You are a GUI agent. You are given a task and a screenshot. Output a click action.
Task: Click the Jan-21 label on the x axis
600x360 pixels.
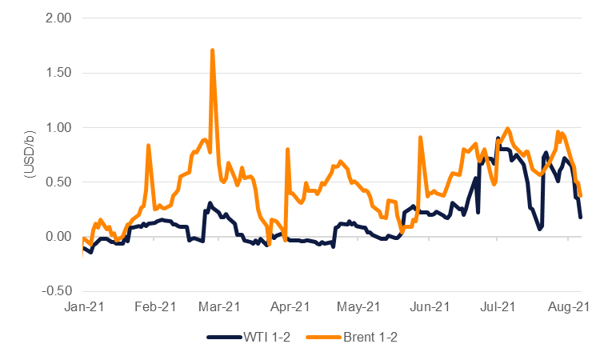[84, 306]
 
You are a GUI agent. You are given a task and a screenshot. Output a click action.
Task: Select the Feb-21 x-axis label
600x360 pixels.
[155, 306]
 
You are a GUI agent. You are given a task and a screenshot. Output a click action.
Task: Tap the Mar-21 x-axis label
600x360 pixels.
[219, 306]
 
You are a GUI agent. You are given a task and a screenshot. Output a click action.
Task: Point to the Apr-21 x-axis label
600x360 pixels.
[290, 306]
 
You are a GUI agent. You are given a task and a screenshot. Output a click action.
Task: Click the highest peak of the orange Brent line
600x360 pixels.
[212, 50]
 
